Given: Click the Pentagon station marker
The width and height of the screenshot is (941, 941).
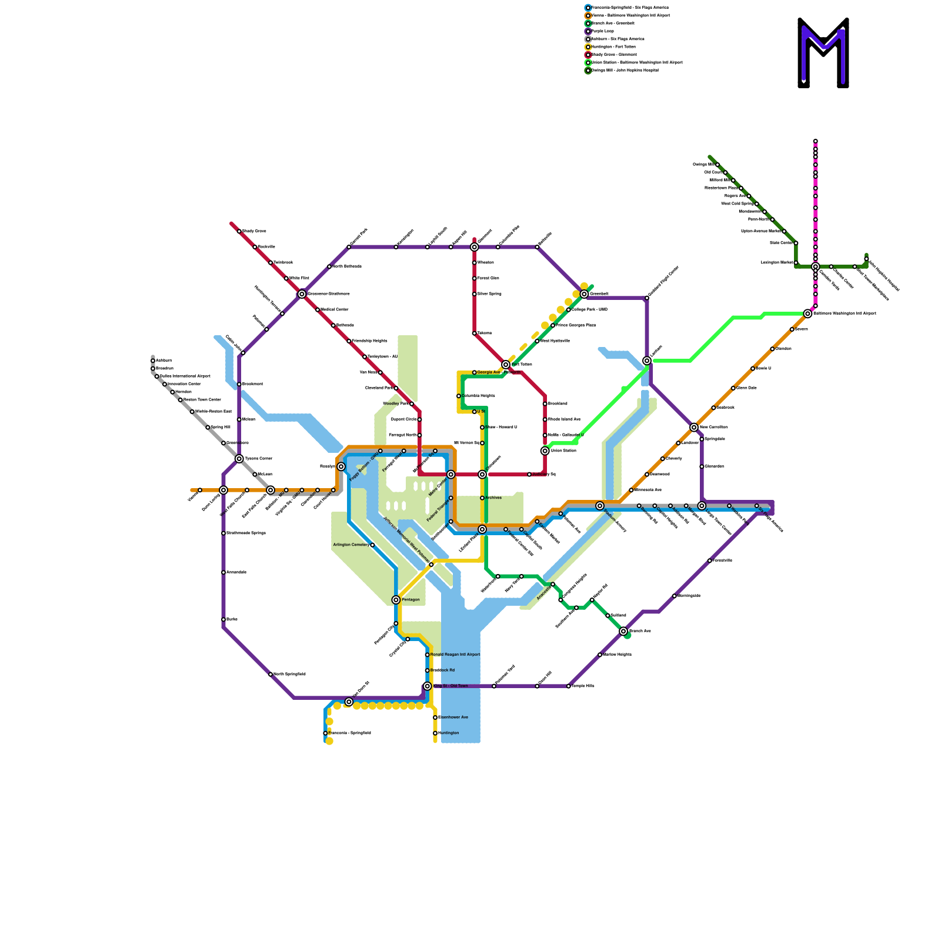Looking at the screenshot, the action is pos(396,600).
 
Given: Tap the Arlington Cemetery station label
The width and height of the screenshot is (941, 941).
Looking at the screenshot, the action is pos(351,545).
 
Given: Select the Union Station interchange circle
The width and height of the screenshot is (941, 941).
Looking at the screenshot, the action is pos(545,451).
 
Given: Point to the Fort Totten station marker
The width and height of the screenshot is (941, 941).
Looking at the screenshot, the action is pos(506,365).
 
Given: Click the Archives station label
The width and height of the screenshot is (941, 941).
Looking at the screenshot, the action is pos(493,498).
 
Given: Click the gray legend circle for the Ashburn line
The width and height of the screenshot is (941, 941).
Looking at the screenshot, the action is pos(588,39).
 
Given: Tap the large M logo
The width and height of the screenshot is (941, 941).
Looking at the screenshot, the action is pos(823,53).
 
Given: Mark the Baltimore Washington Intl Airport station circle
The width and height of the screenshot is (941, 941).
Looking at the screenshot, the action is pos(807,314).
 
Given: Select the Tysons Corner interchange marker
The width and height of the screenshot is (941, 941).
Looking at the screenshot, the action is pos(239,459).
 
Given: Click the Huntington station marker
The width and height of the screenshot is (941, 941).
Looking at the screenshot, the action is pos(435,733).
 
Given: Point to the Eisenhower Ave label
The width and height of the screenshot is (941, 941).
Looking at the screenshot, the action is pos(453,718).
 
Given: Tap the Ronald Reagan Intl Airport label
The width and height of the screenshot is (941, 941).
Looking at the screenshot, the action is pos(455,655).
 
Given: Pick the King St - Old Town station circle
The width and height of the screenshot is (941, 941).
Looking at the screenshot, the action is pos(428,686).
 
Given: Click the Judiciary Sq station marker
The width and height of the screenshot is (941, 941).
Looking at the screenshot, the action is pos(529,475).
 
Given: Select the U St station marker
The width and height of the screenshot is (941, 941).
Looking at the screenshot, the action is pos(475,412).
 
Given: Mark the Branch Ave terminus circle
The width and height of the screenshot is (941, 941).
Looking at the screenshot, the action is pos(623,631).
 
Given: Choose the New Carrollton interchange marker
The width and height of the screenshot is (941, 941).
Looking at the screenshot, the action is pos(694,428).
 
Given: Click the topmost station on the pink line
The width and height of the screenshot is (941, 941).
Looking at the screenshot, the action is pos(816,141).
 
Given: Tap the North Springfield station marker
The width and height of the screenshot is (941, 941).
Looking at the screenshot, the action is pos(271,675).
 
